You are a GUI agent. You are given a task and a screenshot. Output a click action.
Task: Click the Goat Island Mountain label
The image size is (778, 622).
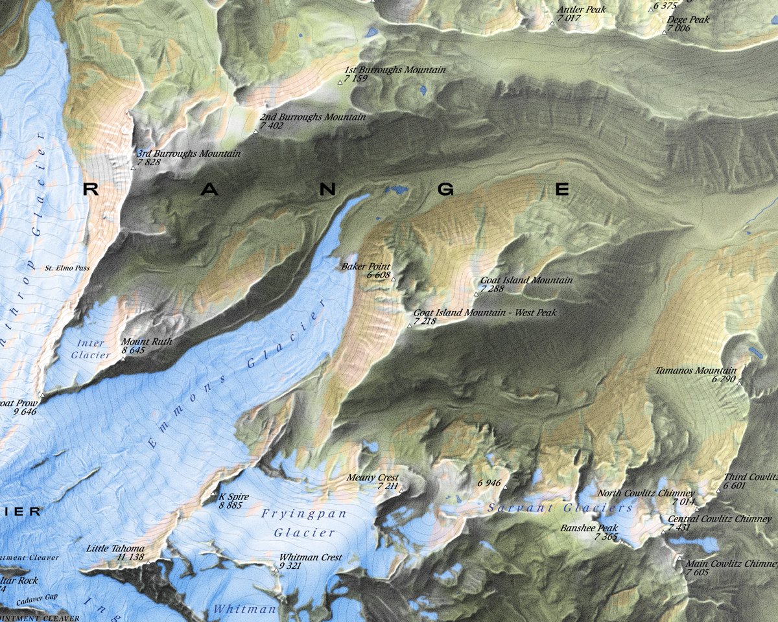526,280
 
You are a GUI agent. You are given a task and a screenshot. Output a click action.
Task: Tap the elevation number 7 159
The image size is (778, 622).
356,78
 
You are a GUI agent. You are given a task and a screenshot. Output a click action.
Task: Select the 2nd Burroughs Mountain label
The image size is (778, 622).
312,117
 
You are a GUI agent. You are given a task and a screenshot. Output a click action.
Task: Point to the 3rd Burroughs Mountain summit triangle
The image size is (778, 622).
133,168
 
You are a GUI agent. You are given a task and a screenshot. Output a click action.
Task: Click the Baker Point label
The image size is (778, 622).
366,266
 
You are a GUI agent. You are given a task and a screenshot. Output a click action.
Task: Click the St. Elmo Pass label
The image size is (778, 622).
67,268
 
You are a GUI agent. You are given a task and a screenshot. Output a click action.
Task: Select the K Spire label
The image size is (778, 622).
234,496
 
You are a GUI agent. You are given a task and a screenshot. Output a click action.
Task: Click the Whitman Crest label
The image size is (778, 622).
310,557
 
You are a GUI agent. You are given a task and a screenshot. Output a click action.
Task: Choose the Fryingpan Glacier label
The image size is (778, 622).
304,523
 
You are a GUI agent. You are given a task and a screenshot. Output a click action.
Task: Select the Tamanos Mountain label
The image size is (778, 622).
696,371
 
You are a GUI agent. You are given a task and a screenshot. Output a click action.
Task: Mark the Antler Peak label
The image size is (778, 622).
582,10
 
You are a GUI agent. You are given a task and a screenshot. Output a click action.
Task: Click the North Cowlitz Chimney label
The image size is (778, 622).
646,493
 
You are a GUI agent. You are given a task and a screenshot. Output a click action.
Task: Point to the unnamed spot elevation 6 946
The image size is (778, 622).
489,483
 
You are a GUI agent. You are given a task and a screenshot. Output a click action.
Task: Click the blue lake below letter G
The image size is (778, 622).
397,190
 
